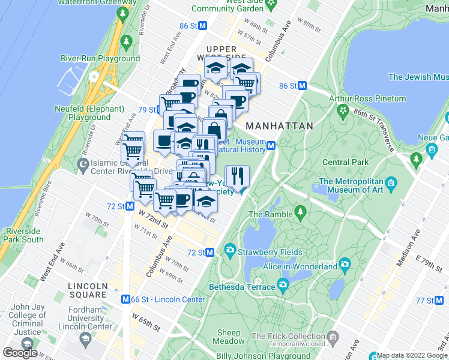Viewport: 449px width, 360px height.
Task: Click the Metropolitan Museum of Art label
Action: click(351, 186)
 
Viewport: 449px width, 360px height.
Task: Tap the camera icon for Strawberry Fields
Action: click(230, 250)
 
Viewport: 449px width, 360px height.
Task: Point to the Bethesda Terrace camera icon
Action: click(283, 284)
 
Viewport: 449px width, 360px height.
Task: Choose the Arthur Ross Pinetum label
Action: click(367, 98)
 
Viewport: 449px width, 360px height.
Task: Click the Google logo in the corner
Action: click(20, 353)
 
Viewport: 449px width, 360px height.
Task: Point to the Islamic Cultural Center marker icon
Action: click(83, 163)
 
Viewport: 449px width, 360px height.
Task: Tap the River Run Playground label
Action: click(100, 59)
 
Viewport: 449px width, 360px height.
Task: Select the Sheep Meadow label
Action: click(229, 337)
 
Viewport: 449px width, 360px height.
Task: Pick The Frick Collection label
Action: click(288, 337)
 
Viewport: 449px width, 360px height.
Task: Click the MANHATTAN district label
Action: click(280, 126)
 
